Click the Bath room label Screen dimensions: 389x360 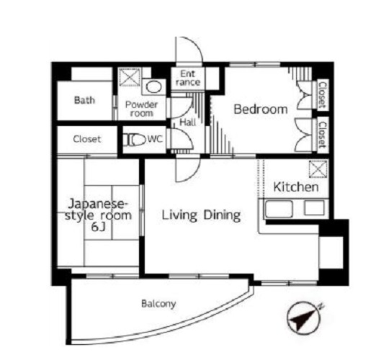[x=84, y=100]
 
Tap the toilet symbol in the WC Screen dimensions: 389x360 [x=135, y=140]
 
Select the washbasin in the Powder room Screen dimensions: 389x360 [x=154, y=87]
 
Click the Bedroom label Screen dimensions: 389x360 [x=261, y=109]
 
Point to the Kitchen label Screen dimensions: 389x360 [x=296, y=187]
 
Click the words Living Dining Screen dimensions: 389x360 [x=201, y=215]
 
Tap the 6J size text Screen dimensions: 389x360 [x=99, y=227]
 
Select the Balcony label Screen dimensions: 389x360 [x=158, y=304]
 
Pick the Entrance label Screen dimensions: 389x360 [x=188, y=78]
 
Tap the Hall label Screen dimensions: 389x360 [x=187, y=122]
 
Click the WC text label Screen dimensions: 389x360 [x=156, y=140]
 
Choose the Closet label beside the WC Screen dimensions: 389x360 [x=87, y=139]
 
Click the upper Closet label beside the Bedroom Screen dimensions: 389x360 [x=323, y=95]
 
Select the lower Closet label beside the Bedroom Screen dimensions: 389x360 [x=323, y=135]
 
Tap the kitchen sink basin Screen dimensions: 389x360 [x=279, y=209]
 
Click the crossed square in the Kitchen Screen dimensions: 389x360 [x=318, y=168]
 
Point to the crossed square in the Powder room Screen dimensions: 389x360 [x=130, y=77]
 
